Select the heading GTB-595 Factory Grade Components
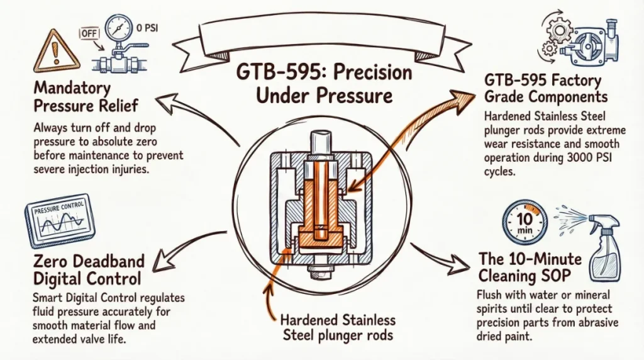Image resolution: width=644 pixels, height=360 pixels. point(547,88)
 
